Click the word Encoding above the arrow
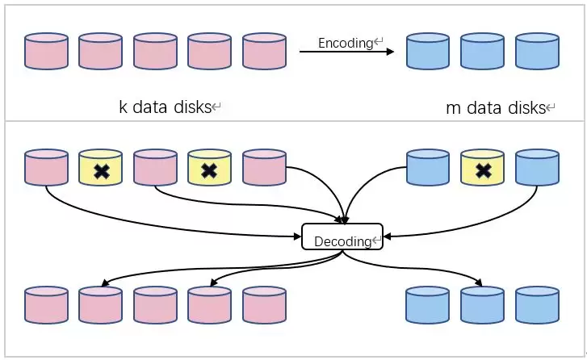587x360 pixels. [x=344, y=43]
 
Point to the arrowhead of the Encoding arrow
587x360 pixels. [x=390, y=52]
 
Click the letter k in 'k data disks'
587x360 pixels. [x=123, y=107]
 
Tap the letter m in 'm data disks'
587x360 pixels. [x=452, y=108]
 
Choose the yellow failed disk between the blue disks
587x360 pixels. [x=482, y=168]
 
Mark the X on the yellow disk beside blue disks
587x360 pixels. [x=483, y=170]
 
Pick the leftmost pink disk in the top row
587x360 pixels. [x=46, y=50]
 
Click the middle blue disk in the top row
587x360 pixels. [x=482, y=50]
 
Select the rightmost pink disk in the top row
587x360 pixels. [x=264, y=50]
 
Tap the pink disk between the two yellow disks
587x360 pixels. [x=155, y=168]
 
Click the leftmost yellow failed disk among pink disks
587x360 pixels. [x=101, y=168]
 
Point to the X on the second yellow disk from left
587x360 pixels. [x=210, y=170]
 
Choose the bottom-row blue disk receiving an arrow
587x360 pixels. [x=482, y=305]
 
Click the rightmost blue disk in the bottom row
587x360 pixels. [x=537, y=305]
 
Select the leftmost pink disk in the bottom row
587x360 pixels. [x=46, y=305]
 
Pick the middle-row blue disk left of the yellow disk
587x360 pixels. [x=428, y=168]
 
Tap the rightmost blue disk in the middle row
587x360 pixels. [x=537, y=168]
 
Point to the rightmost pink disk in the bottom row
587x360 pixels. [x=264, y=305]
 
